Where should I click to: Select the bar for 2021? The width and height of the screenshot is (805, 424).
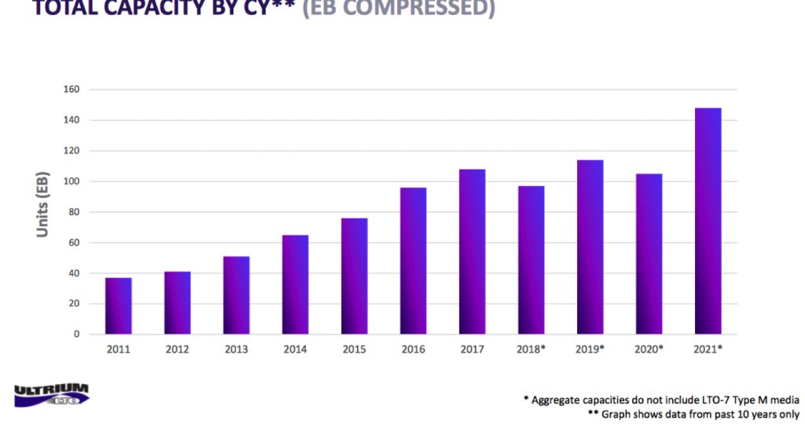tap(708, 221)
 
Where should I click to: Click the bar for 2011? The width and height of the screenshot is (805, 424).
tap(118, 306)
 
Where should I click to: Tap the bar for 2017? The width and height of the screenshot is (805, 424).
tap(472, 252)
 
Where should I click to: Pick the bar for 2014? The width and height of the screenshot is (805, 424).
tap(295, 285)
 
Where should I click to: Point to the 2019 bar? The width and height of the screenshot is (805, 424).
tap(590, 247)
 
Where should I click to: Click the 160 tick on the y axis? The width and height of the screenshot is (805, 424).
tap(72, 90)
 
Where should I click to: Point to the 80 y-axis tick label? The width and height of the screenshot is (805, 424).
tap(74, 212)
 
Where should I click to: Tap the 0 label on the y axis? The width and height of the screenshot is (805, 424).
tap(76, 334)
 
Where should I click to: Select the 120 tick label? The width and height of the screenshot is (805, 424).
tap(72, 151)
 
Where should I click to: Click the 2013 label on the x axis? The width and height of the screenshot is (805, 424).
tap(236, 349)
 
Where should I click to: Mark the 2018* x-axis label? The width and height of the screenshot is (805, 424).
tap(531, 349)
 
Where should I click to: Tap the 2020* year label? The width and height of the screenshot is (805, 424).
tap(649, 349)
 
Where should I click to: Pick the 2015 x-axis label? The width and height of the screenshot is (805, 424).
tap(354, 349)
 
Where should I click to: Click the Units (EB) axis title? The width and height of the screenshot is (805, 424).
tap(42, 204)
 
